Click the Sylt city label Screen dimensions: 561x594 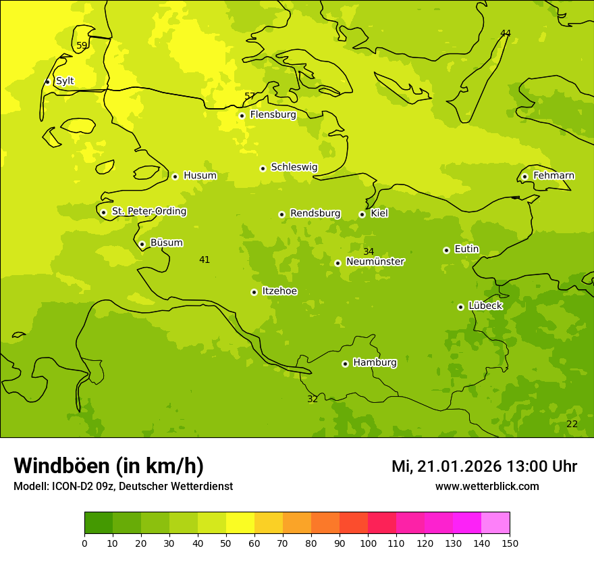click(65, 81)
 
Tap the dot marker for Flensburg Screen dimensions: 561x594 click(242, 116)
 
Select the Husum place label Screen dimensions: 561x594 click(200, 176)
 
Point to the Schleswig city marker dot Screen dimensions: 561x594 click(263, 168)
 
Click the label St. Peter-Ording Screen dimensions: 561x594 click(149, 212)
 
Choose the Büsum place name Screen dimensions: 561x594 click(166, 243)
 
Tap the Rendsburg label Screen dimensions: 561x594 click(315, 214)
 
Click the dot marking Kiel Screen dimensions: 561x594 click(362, 214)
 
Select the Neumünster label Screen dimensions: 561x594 click(375, 262)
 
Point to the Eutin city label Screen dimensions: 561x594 click(466, 249)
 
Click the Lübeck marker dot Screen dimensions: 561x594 click(460, 307)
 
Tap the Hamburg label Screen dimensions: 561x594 click(375, 363)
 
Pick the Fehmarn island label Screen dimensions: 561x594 click(553, 176)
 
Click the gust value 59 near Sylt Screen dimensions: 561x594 click(82, 46)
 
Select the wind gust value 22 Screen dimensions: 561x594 click(572, 424)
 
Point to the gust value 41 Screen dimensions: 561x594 click(205, 260)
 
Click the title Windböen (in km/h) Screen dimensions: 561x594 click(109, 466)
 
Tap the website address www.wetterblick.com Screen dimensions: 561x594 click(487, 486)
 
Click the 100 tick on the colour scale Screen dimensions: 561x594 click(368, 543)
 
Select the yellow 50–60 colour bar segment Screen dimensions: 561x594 click(240, 523)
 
